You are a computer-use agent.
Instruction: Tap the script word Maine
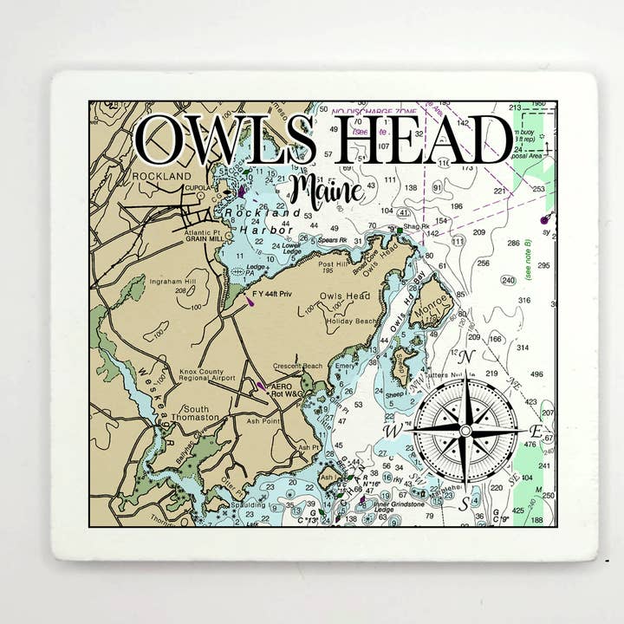pos(327,190)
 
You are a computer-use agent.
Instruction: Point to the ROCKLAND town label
pos(160,176)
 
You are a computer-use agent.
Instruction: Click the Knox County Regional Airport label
pos(207,374)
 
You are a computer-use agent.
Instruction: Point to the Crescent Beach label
pos(297,366)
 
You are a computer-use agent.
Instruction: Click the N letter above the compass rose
pos(465,357)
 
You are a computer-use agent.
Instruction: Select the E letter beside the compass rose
pos(536,431)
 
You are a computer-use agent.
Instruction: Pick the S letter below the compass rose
pos(465,503)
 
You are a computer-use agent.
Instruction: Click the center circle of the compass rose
pos(465,431)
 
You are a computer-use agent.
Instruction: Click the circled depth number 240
pos(509,280)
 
